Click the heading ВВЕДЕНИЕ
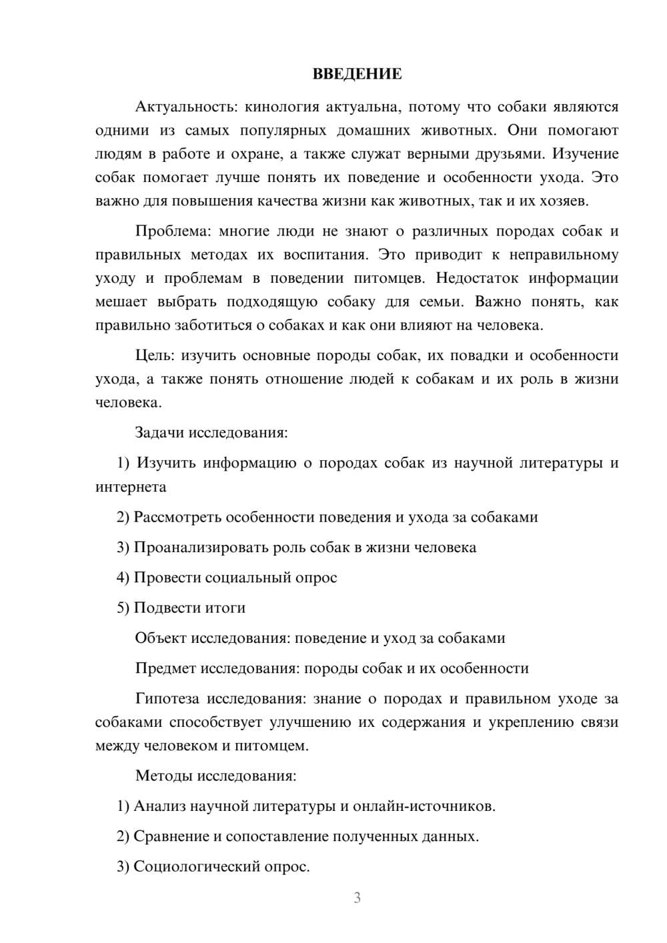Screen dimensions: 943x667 pos(357,74)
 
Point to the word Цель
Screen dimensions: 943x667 pos(154,355)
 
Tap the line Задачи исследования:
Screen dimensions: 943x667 pos(211,432)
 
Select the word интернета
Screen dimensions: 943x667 pos(131,487)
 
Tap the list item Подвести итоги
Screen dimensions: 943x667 pos(189,608)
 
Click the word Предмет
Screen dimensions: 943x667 pos(165,668)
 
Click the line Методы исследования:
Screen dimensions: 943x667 pos(215,776)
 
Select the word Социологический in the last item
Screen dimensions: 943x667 pos(197,866)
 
